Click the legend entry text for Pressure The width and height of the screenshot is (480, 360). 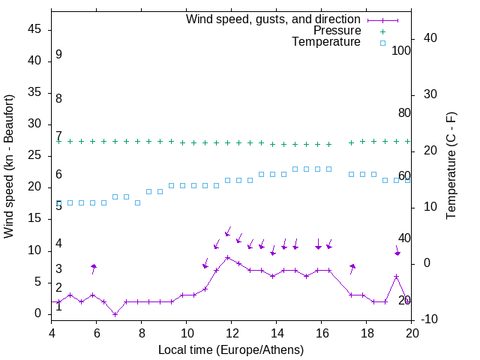click(337, 31)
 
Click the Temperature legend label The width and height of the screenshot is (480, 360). click(326, 42)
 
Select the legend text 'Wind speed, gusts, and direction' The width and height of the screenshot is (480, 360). click(273, 19)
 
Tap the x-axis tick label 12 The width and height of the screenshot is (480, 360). click(232, 333)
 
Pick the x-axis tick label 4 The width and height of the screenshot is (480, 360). click(52, 333)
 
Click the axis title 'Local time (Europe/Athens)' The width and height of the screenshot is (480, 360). click(231, 349)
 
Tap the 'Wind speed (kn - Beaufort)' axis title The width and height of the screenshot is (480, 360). click(9, 166)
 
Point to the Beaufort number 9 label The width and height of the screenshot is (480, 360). click(58, 55)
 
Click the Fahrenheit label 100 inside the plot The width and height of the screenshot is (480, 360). click(401, 51)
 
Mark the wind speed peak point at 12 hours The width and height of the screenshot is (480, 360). click(227, 257)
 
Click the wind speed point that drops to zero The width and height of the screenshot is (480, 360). click(115, 313)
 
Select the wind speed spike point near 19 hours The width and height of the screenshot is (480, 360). click(396, 276)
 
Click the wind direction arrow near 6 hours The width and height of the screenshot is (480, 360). click(94, 268)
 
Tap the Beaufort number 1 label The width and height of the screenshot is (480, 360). click(58, 307)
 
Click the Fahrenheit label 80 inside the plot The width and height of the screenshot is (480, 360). click(404, 112)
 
